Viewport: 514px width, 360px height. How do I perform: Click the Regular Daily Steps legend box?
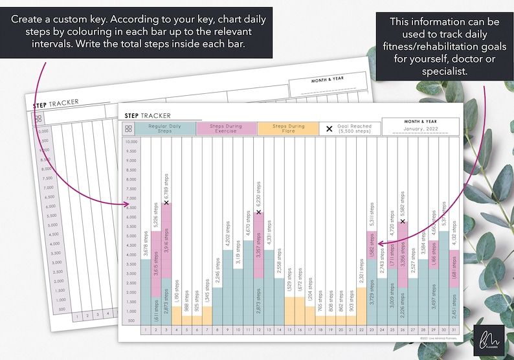[x=165, y=129]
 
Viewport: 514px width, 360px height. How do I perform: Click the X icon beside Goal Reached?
[x=329, y=129]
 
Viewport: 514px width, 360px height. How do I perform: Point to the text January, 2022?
[x=421, y=129]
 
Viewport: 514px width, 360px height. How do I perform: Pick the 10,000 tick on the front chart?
[x=131, y=141]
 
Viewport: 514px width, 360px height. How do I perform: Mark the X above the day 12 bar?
[x=259, y=212]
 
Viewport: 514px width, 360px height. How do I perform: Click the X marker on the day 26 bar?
[x=403, y=222]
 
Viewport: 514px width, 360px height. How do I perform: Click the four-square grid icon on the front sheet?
[x=129, y=129]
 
